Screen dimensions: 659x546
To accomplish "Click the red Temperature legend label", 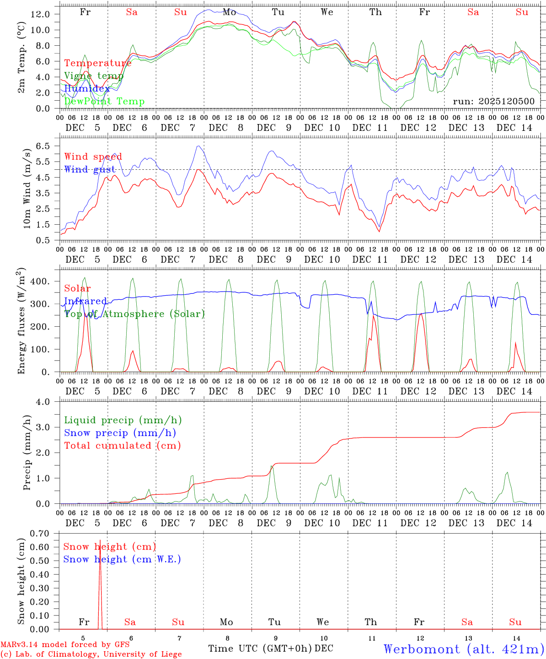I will click(x=97, y=63).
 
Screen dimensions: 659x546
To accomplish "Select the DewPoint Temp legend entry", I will click(x=104, y=101).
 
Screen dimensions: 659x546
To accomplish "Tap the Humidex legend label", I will click(x=87, y=88).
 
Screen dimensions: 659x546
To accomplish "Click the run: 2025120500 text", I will click(x=493, y=101).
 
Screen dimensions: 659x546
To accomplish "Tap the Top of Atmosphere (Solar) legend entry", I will click(x=134, y=313).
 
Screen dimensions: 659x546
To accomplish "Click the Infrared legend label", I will click(x=85, y=301).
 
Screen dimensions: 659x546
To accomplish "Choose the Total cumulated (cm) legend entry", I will click(x=122, y=445).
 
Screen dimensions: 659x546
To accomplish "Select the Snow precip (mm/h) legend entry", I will click(x=120, y=432).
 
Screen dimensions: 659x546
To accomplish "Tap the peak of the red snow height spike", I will click(x=100, y=540).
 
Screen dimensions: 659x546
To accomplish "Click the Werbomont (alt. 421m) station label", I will click(x=464, y=649).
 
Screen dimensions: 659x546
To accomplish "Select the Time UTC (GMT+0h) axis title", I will click(x=260, y=648).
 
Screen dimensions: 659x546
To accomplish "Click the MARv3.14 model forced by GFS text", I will click(x=65, y=644).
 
